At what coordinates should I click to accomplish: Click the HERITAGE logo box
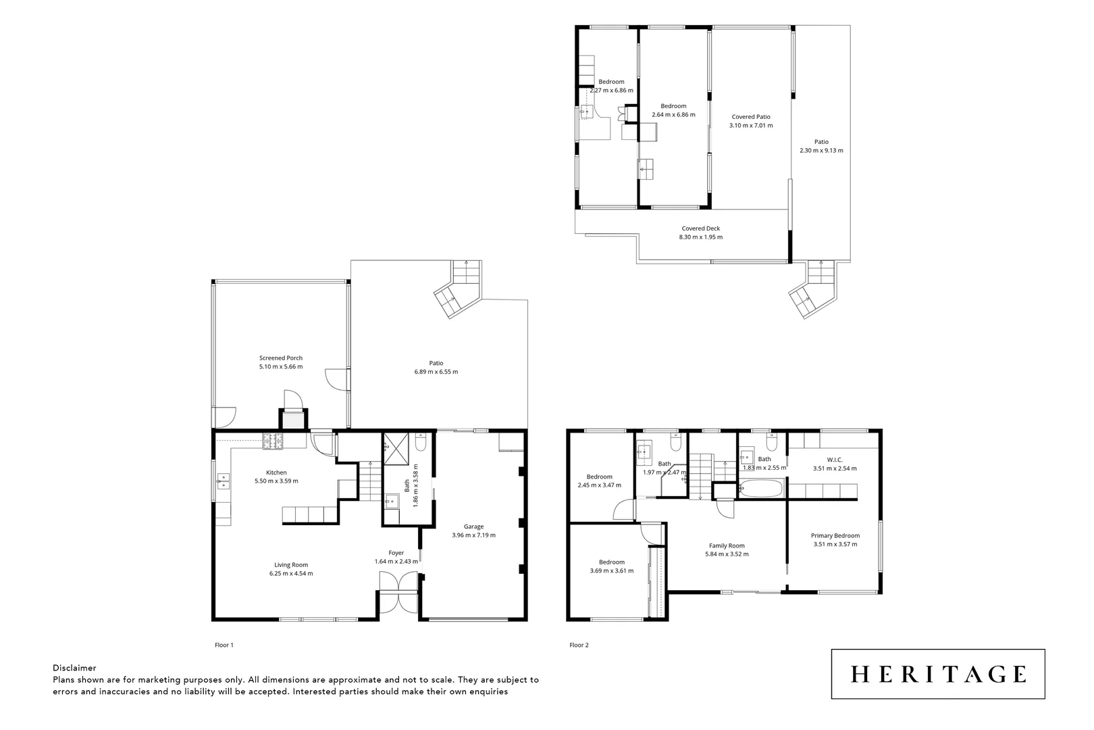click(937, 674)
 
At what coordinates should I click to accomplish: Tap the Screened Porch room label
click(280, 358)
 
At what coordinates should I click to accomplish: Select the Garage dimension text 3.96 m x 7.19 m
click(473, 535)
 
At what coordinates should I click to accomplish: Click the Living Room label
click(290, 565)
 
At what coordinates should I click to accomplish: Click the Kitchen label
click(276, 472)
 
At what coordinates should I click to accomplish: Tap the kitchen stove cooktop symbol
click(276, 441)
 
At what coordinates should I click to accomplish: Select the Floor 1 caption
click(224, 645)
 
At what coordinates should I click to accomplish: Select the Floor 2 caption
click(579, 645)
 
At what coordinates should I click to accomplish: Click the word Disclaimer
click(74, 668)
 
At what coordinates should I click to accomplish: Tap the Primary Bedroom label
click(835, 536)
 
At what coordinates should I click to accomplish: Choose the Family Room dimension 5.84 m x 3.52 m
click(727, 554)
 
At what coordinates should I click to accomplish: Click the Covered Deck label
click(700, 228)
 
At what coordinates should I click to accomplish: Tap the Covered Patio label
click(750, 117)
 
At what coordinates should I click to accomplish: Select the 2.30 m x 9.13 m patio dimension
click(821, 151)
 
